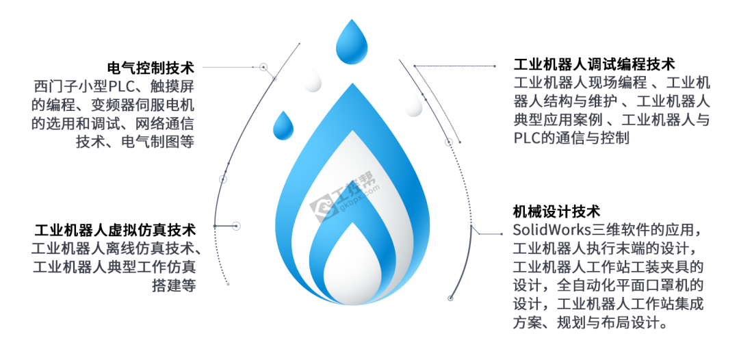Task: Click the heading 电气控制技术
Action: [x=152, y=68]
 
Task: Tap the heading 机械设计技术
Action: [x=556, y=211]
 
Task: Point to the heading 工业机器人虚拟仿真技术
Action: [x=115, y=229]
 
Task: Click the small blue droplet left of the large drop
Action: [x=283, y=125]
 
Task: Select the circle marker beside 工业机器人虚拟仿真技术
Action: [x=235, y=225]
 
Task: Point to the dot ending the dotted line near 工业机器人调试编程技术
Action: [x=495, y=66]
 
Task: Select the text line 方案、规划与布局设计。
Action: [x=590, y=322]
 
